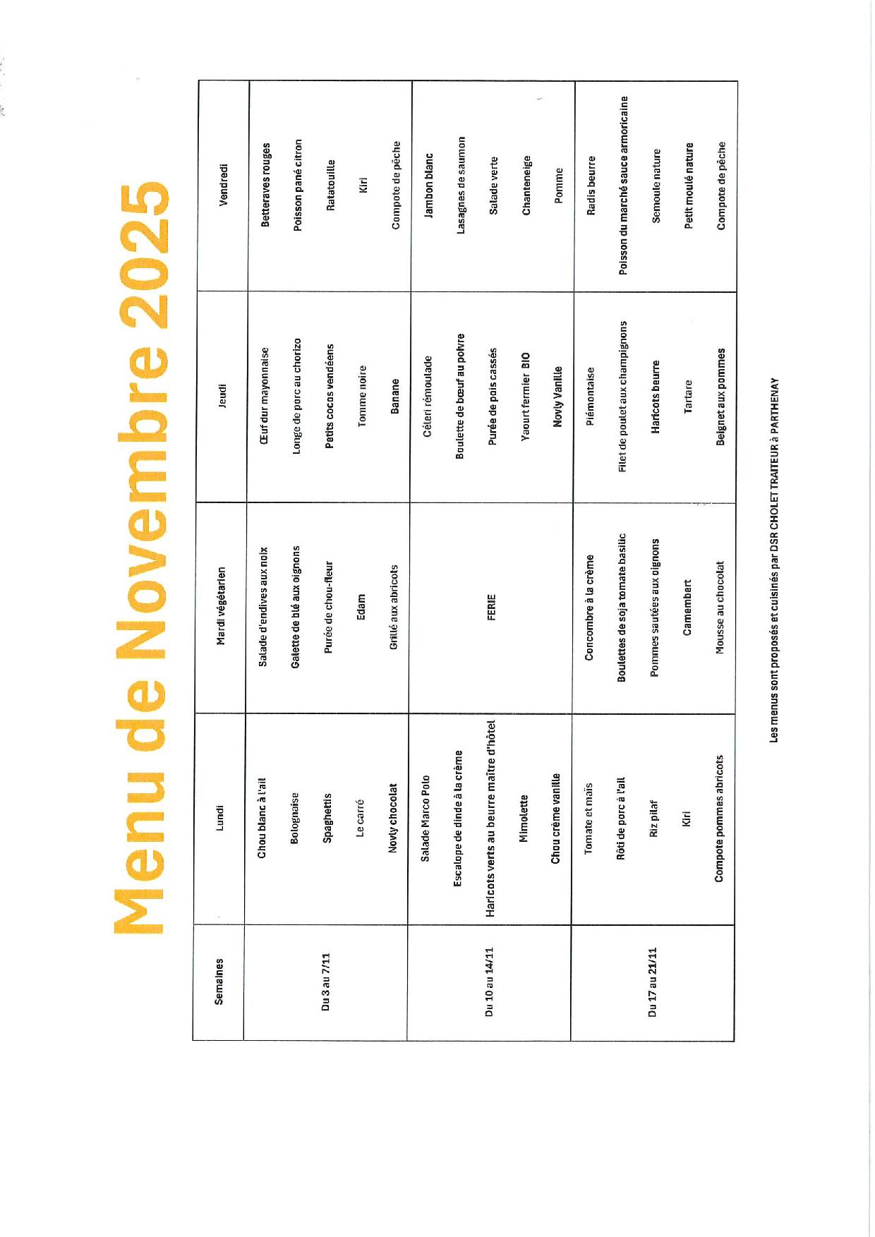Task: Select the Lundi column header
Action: (219, 818)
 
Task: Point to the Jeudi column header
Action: (222, 395)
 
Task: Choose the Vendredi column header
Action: (224, 184)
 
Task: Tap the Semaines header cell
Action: (219, 981)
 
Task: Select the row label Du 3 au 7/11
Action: (325, 982)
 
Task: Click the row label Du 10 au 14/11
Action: (489, 982)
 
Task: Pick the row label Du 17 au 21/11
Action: (653, 982)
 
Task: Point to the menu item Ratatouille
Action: (331, 186)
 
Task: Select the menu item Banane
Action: (395, 396)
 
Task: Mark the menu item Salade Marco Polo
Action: (425, 819)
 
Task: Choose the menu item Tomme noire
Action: (362, 396)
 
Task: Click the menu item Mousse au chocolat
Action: (720, 607)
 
